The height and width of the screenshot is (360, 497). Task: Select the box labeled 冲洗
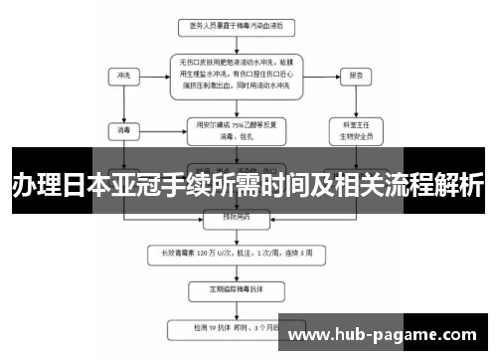(123, 74)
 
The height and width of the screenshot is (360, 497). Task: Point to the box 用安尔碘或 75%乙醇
(236, 128)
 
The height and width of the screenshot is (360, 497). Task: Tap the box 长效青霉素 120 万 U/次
(237, 253)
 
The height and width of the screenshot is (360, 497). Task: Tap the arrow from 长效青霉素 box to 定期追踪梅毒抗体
(236, 270)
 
